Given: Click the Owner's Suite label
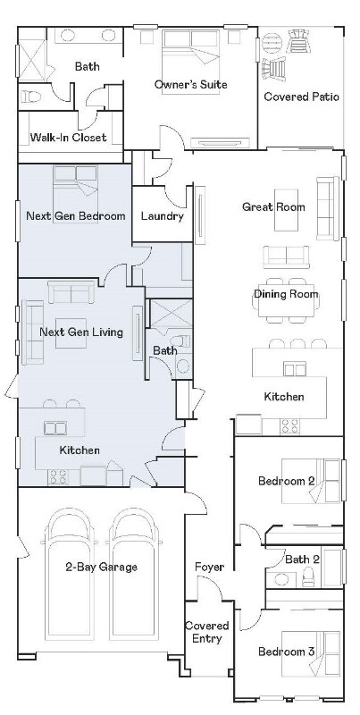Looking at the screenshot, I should [190, 84].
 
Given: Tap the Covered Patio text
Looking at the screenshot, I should [301, 97].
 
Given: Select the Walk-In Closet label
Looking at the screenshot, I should [69, 138].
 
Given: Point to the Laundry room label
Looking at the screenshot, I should [163, 216].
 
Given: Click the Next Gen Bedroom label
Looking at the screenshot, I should [76, 216].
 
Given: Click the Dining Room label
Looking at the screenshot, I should [286, 294].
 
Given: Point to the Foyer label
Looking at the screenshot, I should [209, 567].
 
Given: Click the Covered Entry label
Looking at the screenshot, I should [207, 632].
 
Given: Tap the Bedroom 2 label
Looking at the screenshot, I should [287, 481].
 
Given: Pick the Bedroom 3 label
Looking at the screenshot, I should [286, 652].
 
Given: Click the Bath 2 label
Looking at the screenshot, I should [301, 559].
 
